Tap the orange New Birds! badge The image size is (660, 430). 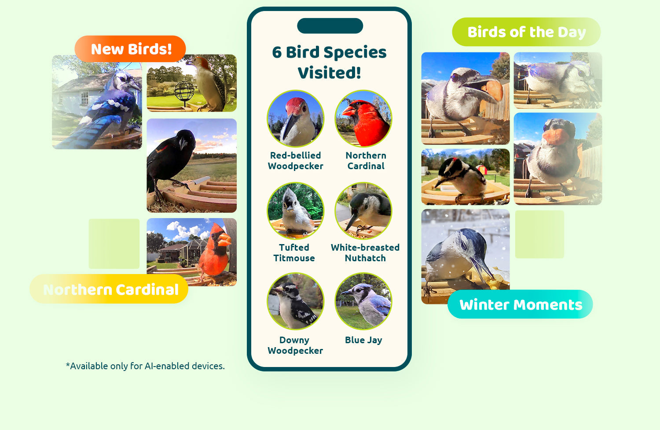(130, 49)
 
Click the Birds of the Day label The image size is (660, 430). (526, 32)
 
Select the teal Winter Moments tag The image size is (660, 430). (520, 304)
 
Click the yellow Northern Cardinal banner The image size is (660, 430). (109, 289)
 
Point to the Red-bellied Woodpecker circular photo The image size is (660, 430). (295, 119)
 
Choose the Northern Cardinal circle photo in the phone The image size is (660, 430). (363, 119)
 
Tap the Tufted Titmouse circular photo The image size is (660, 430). (295, 211)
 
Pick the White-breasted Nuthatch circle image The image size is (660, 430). (363, 211)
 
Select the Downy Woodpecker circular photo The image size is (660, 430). (295, 301)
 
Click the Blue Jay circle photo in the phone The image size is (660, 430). (363, 301)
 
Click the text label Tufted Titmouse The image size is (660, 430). (294, 252)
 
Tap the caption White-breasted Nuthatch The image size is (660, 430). (365, 252)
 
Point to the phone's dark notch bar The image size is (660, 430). (330, 26)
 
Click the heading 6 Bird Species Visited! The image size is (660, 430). (329, 62)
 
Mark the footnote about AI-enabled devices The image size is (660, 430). (145, 366)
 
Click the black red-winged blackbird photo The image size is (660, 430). (191, 166)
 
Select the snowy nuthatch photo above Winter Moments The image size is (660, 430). (465, 256)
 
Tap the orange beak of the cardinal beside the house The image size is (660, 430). (224, 239)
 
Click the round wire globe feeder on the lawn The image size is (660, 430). (184, 92)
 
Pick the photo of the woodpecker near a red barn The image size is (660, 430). (465, 177)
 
